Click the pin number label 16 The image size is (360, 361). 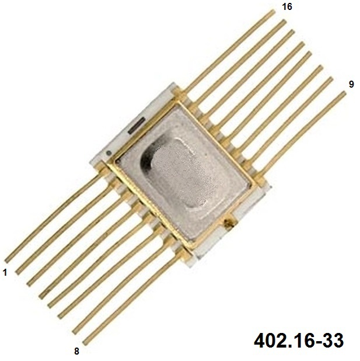[x=287, y=6]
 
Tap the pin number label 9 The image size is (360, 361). [x=351, y=85]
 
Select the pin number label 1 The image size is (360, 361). [x=5, y=273]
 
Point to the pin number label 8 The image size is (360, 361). [x=76, y=351]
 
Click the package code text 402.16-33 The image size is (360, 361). [x=299, y=341]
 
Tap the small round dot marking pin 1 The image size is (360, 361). [x=109, y=152]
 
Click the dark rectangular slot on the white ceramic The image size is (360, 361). [x=137, y=125]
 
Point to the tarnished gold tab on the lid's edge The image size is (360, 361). [x=229, y=223]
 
